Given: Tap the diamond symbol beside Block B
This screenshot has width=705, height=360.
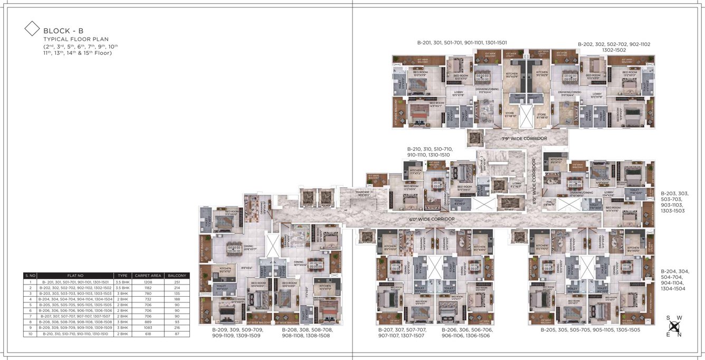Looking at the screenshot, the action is click(33, 29).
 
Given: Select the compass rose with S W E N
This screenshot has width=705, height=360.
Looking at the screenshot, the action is click(674, 326).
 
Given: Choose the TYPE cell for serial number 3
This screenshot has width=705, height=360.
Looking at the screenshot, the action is click(122, 293).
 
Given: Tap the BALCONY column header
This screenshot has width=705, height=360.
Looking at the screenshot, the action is click(174, 276).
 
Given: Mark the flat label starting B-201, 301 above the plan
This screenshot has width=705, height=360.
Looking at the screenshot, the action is click(462, 42).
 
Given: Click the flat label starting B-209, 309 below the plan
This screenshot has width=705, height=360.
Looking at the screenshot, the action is click(236, 333).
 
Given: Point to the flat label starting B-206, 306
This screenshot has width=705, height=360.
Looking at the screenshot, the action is click(467, 333).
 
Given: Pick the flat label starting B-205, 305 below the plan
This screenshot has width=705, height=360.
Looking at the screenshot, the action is click(589, 329).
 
